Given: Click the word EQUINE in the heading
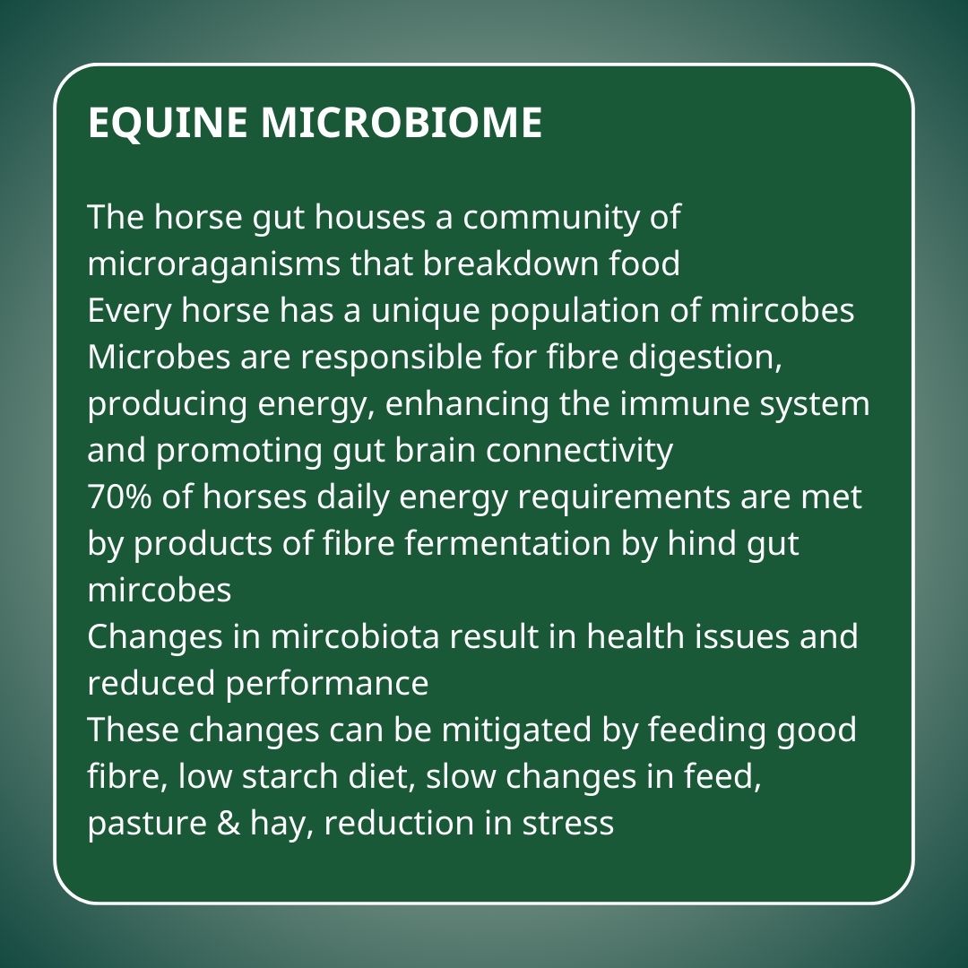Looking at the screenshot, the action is coord(168,124).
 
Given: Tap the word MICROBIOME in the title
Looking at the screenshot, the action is coord(402,122).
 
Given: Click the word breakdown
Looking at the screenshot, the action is coord(511,264).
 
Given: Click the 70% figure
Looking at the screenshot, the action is coord(119,497).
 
